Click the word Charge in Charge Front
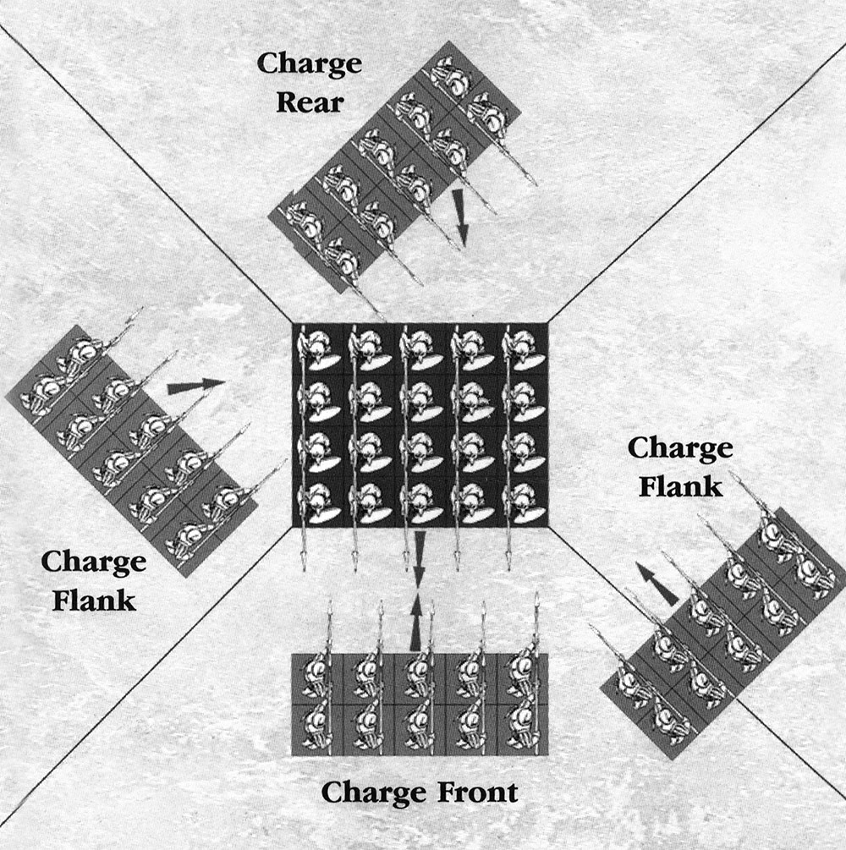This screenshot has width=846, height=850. [369, 792]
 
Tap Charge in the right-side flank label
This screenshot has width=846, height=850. [679, 448]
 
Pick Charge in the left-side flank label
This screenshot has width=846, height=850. [93, 561]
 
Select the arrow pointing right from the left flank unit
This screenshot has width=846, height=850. [195, 387]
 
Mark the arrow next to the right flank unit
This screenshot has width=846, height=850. [656, 584]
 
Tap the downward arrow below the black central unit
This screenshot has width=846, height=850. [420, 557]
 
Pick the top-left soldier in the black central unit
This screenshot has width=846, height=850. [317, 348]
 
